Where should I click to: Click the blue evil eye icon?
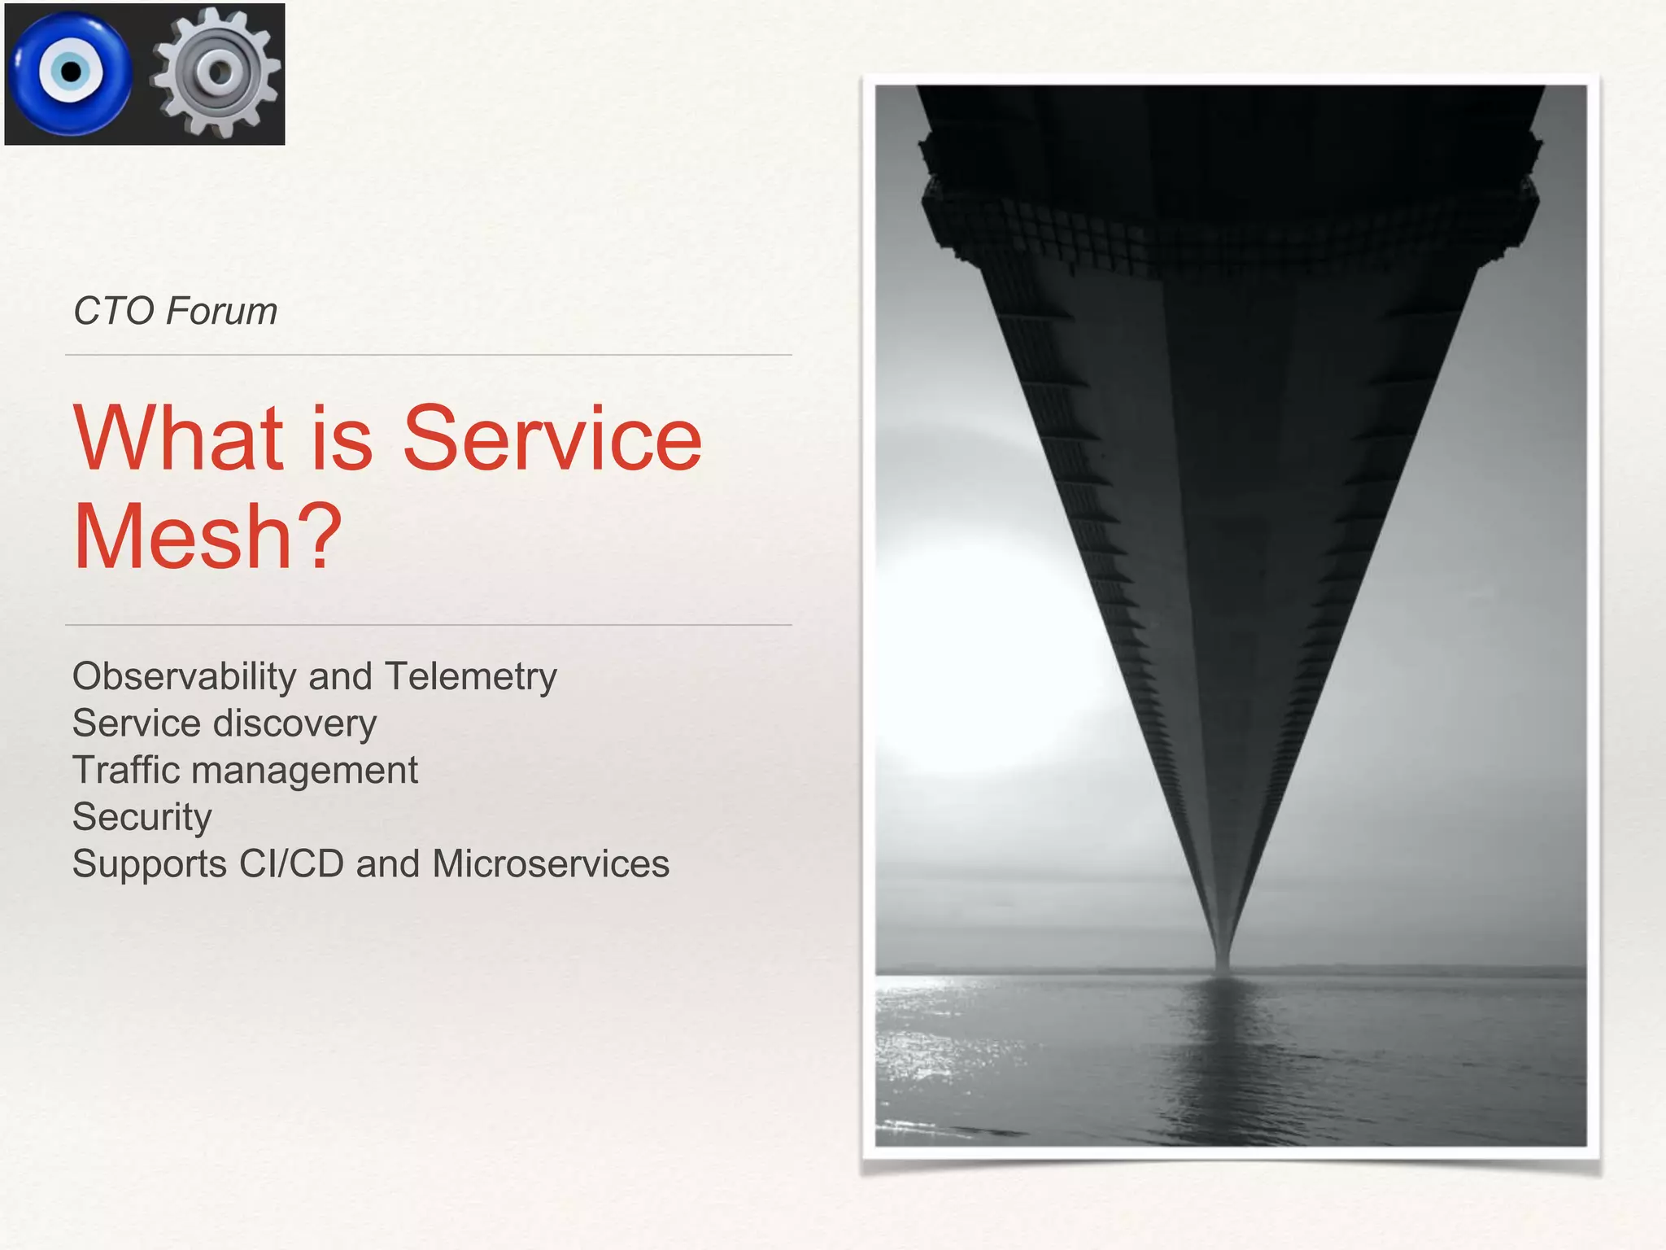[x=70, y=73]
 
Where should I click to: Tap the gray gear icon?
[x=216, y=73]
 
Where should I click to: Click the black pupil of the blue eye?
[x=72, y=72]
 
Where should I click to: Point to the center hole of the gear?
[x=218, y=72]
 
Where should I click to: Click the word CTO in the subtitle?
[x=113, y=311]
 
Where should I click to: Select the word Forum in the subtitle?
[x=222, y=311]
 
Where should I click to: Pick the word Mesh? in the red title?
[x=207, y=536]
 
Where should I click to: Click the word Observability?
[x=184, y=677]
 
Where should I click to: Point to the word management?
[x=304, y=771]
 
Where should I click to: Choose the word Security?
[x=142, y=817]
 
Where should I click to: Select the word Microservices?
[x=550, y=863]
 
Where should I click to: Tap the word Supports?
[x=149, y=864]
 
